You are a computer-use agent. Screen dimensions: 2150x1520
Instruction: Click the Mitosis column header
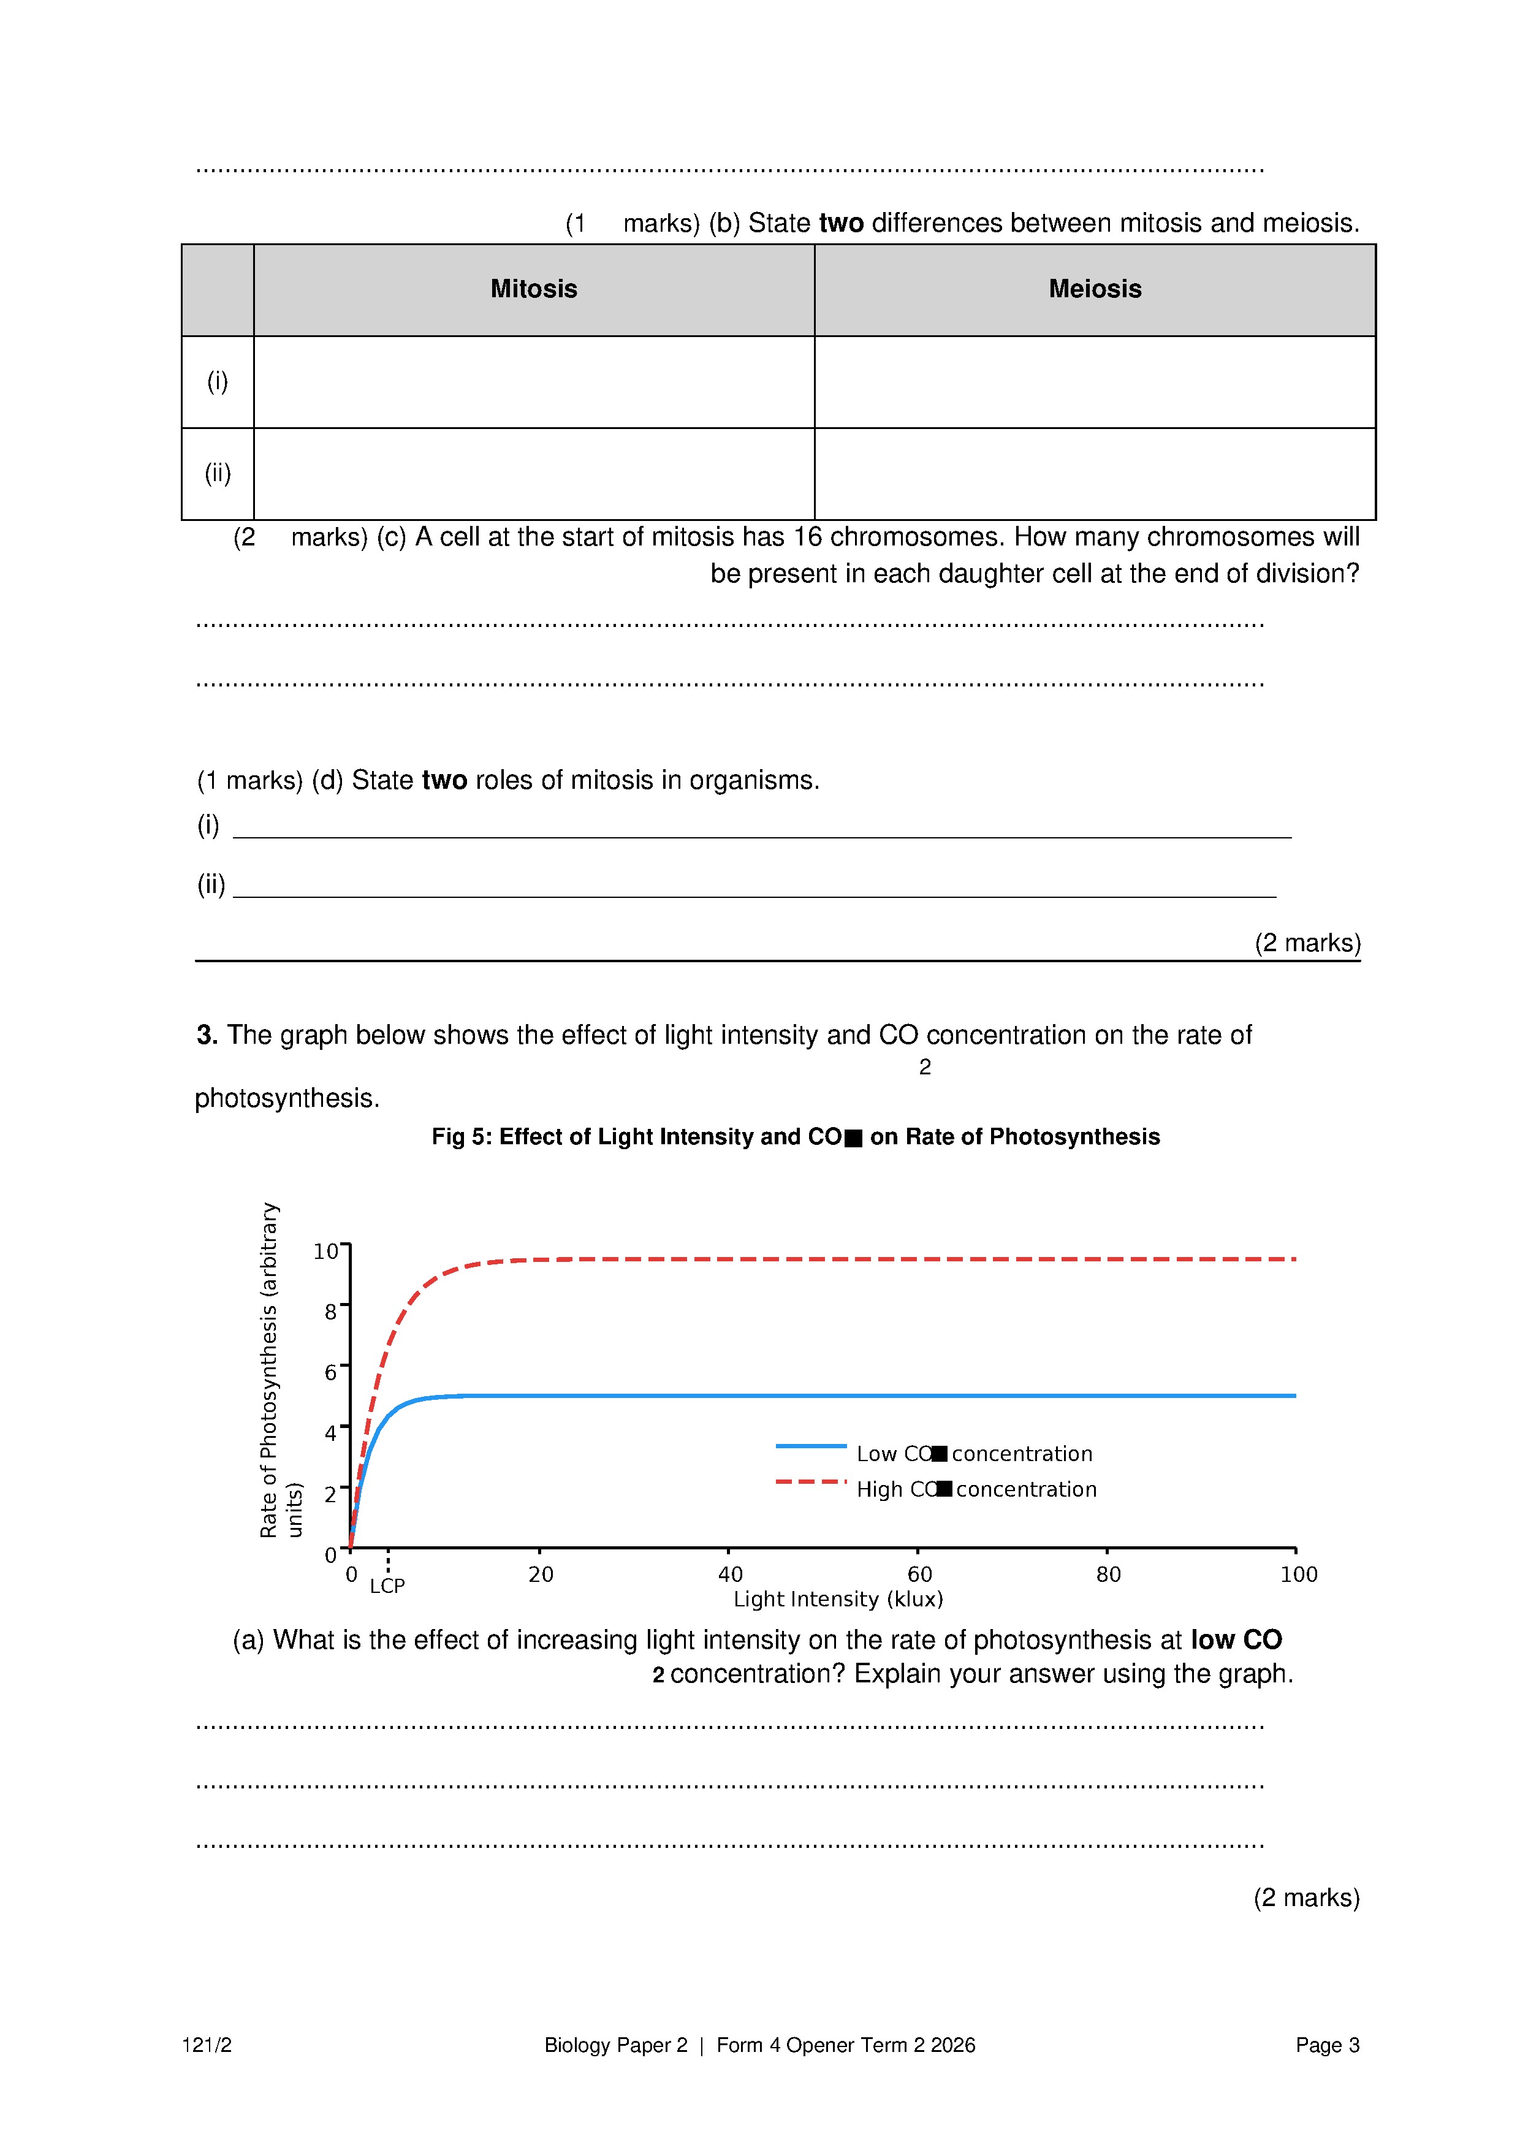[x=534, y=289]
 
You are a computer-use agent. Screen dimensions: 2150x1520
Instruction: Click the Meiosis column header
[x=1094, y=289]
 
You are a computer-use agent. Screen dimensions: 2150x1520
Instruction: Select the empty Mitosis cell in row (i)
[x=534, y=381]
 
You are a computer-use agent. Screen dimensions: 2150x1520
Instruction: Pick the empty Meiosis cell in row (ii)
[x=1094, y=473]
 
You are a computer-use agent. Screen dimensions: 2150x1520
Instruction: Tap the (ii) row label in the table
[x=218, y=473]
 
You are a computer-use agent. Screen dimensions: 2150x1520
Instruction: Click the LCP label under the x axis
[x=387, y=1586]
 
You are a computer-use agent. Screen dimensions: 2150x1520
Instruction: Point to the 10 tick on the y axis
[x=325, y=1251]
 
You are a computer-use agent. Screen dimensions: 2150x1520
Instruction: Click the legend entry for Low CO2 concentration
[x=974, y=1453]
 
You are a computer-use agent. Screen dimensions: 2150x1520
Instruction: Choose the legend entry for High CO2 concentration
[x=976, y=1489]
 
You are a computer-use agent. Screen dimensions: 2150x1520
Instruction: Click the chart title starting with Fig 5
[x=795, y=1137]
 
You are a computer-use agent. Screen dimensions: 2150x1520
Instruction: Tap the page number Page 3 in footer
[x=1327, y=2045]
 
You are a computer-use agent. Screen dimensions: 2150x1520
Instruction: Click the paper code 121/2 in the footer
[x=207, y=2045]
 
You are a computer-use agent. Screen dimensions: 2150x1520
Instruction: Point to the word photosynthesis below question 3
[x=287, y=1098]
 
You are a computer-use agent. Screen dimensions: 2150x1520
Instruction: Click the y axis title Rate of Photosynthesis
[x=270, y=1369]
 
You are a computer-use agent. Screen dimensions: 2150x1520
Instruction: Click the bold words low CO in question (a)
[x=1235, y=1639]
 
